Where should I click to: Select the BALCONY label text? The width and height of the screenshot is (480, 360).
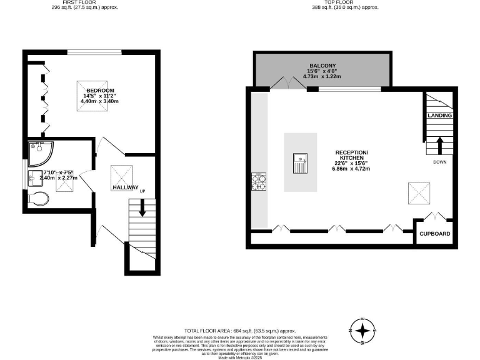(x=322, y=66)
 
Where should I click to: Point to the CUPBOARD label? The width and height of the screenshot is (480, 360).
(x=434, y=234)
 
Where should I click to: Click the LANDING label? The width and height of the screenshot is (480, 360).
(x=439, y=116)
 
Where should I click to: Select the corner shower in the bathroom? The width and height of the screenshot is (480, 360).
(x=39, y=151)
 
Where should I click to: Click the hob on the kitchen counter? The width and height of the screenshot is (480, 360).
(x=259, y=181)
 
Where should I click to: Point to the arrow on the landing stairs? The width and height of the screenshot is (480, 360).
(x=439, y=145)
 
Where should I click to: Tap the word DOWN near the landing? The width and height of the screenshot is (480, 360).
(x=439, y=162)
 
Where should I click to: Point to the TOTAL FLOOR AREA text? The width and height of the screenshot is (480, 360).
(x=240, y=330)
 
